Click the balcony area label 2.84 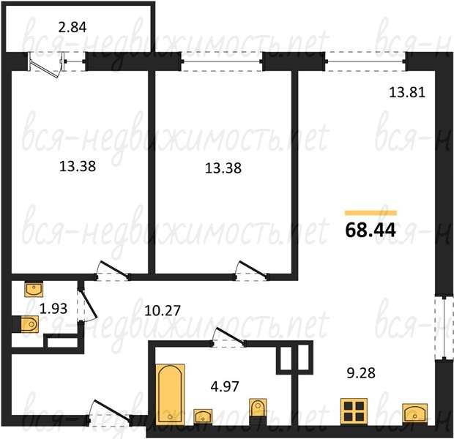tap(72, 27)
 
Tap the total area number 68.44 tap(371, 230)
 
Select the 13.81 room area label tap(407, 92)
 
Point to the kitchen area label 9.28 tap(361, 373)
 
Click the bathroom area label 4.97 tap(225, 386)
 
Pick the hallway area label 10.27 tap(163, 311)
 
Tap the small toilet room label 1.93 tap(53, 309)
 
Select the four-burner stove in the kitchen tap(354, 411)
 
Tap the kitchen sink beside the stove tap(415, 413)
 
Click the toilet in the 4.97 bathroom tap(258, 408)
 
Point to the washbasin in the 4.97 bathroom tap(203, 417)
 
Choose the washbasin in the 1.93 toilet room tap(34, 289)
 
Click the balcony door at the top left tap(46, 65)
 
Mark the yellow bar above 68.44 tap(371, 213)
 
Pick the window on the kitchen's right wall tap(444, 329)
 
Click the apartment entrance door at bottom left tap(109, 413)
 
